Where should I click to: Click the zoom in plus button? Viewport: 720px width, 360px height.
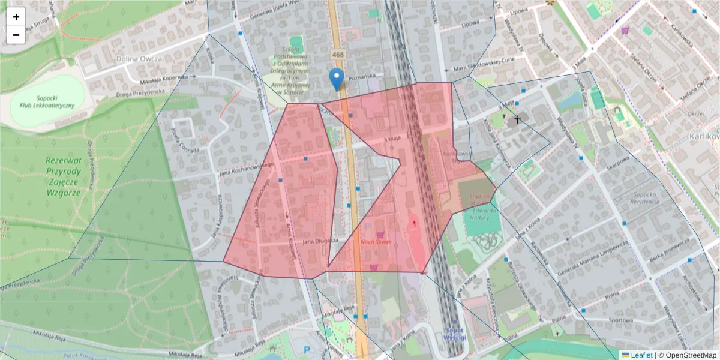coord(16,17)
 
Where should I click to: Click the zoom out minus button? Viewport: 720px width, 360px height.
coord(16,35)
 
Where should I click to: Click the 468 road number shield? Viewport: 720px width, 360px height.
coord(337,55)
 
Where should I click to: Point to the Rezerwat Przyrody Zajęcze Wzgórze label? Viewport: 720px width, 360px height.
coord(62,176)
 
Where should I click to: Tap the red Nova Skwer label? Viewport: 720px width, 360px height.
coord(376,242)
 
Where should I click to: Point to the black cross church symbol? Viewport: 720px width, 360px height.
coord(515,120)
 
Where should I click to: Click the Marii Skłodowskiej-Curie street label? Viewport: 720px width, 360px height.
coord(485,68)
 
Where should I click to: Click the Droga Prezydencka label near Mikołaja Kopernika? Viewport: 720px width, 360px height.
coord(141,91)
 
